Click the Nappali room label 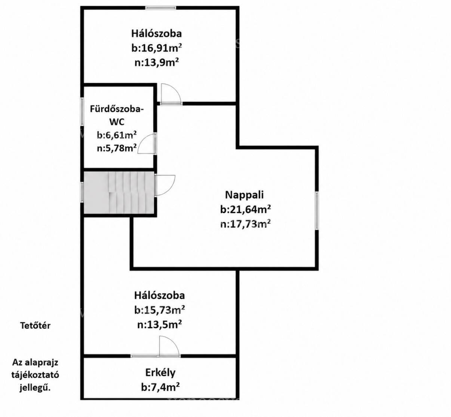tap(244, 195)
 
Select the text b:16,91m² tap(156, 48)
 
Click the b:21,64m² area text tap(245, 209)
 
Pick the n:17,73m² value tap(245, 224)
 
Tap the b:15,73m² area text tap(159, 310)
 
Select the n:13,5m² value tap(159, 324)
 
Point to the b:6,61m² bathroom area tap(117, 135)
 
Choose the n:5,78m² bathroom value tap(117, 148)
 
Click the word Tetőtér tap(35, 326)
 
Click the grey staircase tap(119, 192)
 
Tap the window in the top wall tap(161, 8)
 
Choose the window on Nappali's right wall tap(317, 210)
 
